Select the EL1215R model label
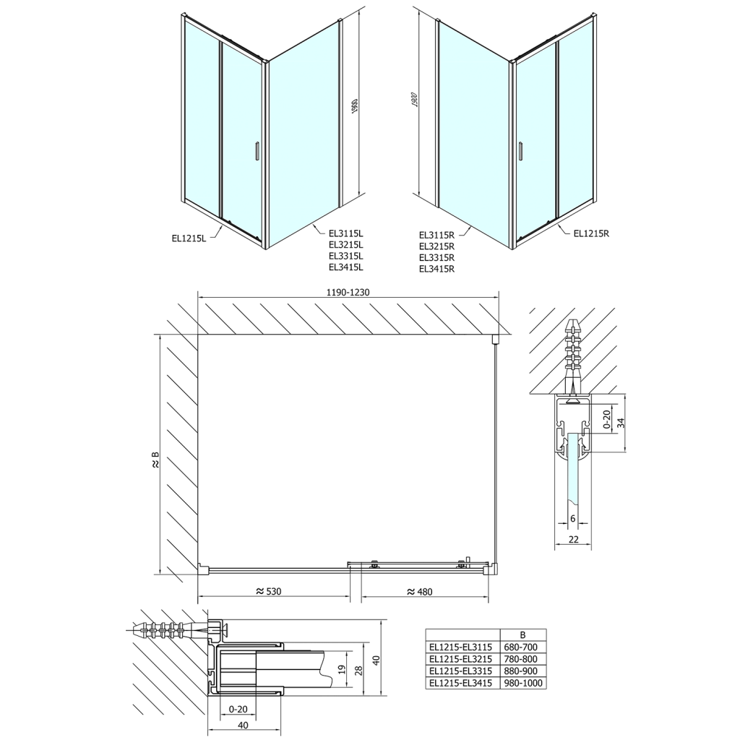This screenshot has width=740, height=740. coord(592,233)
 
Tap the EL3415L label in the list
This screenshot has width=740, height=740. coord(345,267)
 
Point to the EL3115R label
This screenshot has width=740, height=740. coord(436,234)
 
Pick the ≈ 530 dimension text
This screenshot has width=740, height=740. coord(268,591)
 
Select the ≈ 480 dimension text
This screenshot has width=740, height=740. coord(419,591)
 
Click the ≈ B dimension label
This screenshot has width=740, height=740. coord(153,460)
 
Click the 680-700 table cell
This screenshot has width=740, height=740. coord(522,647)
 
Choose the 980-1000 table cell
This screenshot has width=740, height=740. coord(522,682)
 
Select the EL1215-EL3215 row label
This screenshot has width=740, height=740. coord(461,659)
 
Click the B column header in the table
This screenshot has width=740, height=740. coord(522,635)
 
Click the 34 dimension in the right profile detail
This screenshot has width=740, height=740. coord(621,423)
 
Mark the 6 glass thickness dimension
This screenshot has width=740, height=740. coord(572,518)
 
